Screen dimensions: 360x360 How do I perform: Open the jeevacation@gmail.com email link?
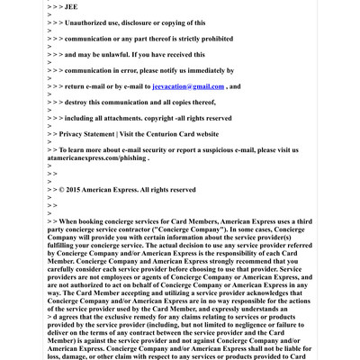pyautogui.click(x=188, y=85)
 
